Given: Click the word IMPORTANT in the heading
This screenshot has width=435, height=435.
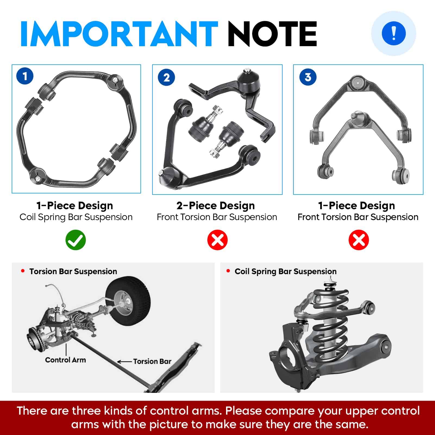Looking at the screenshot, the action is click(119, 34).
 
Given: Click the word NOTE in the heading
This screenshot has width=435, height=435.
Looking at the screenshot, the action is click(272, 34).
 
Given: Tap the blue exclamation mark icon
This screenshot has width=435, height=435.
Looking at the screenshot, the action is click(393, 33).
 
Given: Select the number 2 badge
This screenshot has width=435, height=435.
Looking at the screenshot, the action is click(166, 77).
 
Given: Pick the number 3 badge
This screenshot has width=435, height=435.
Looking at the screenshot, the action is click(308, 77).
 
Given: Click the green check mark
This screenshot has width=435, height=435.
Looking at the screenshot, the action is click(76, 240).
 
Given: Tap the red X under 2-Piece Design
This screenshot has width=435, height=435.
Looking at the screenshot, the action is click(217, 240).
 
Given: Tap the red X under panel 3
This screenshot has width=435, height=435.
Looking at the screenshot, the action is click(359, 240).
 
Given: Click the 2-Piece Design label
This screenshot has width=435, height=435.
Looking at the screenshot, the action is click(216, 206).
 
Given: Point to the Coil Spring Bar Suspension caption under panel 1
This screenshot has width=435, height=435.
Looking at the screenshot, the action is click(76, 217).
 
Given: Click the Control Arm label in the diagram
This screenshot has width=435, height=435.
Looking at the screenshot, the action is click(65, 360).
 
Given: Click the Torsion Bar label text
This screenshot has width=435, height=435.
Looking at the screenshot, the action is click(152, 361).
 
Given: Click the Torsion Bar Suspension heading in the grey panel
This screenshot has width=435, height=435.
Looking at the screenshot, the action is click(73, 271).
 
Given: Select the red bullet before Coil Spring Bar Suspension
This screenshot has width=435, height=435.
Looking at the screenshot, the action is click(228, 271).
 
